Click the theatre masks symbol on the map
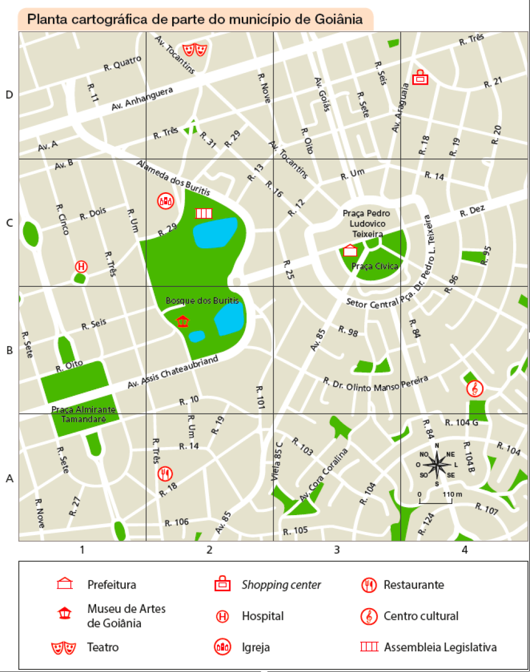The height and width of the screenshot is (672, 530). click(x=194, y=50)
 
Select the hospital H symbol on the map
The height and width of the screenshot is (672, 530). click(x=81, y=266)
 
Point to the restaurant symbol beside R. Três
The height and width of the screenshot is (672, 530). click(x=165, y=473)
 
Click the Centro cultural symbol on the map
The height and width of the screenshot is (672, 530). click(x=475, y=389)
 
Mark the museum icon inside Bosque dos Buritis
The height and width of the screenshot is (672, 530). click(x=183, y=321)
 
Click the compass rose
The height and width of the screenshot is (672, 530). click(x=437, y=465)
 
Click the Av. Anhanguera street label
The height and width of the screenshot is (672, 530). click(x=142, y=99)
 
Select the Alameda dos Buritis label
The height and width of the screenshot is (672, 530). click(x=173, y=178)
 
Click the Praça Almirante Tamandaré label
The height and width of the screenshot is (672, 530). click(x=83, y=414)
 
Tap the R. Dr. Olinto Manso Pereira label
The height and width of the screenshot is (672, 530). click(x=375, y=384)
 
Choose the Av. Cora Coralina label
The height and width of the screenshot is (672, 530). click(x=324, y=475)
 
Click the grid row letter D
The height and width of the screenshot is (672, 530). click(x=9, y=95)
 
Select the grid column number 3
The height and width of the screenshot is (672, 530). click(x=337, y=550)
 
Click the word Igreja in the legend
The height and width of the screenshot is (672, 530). click(x=255, y=647)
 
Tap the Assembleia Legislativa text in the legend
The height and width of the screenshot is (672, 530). click(x=440, y=647)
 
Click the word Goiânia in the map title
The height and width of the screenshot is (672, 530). click(x=339, y=20)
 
